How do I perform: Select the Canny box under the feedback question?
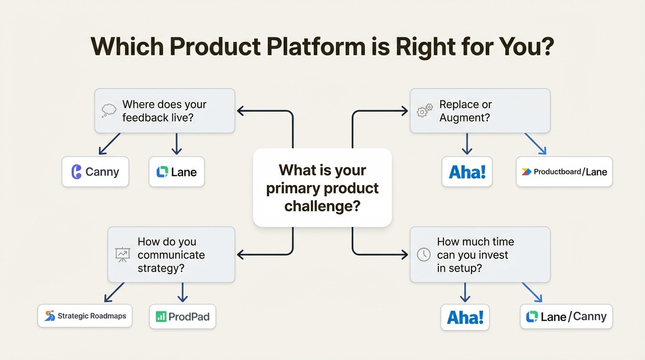pos(95,172)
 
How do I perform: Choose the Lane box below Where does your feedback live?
pos(176,172)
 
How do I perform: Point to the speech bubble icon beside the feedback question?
pos(109,111)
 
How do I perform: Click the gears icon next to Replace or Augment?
pos(425,111)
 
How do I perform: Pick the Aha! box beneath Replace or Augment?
pos(467,172)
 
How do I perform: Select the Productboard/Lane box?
pos(564,172)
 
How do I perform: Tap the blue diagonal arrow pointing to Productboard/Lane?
pos(535,143)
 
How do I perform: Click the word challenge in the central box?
pos(322,206)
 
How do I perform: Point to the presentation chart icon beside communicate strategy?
pos(122,255)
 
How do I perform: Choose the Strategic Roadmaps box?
pos(85,316)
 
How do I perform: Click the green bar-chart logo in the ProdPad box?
pos(161,317)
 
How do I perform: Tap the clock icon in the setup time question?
pos(424,255)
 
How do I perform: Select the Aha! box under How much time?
pos(465,317)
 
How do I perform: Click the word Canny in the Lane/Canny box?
pos(590,317)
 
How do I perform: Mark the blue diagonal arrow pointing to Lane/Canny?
pos(532,292)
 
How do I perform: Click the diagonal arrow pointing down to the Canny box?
pos(109,143)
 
